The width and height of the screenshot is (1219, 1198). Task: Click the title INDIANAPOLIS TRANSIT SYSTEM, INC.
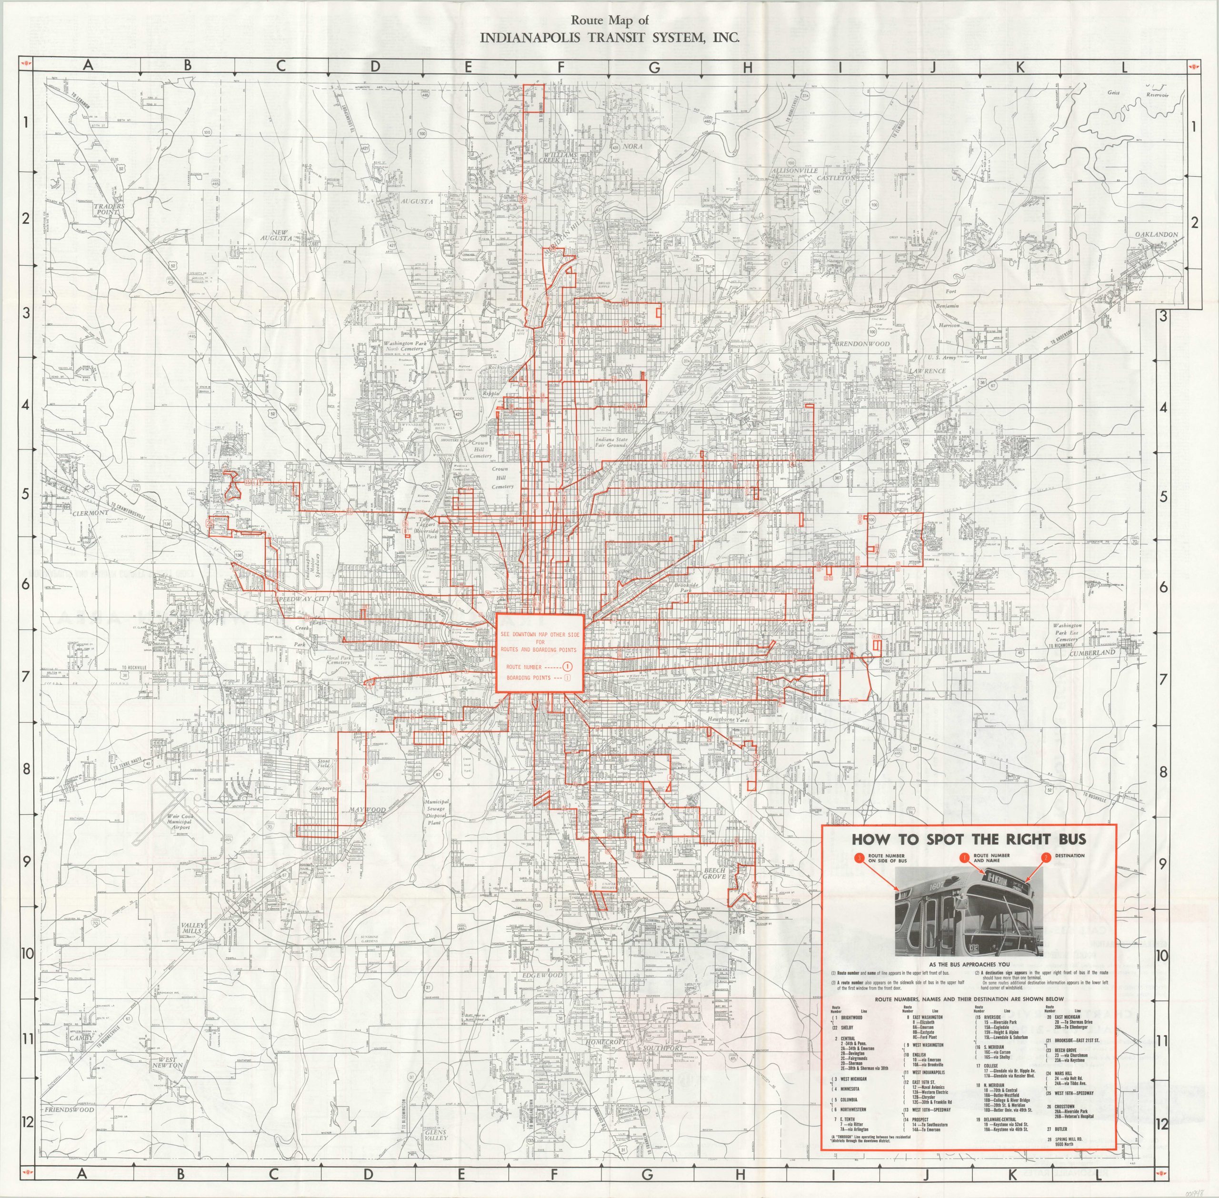coord(609,37)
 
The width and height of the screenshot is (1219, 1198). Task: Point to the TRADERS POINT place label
coord(110,210)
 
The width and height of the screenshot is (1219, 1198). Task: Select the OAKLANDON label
coord(1156,235)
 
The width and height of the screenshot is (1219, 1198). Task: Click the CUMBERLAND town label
coord(1092,652)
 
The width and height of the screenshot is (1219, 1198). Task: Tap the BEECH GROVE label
coord(714,873)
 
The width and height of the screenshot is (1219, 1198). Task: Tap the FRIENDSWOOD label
coord(69,1110)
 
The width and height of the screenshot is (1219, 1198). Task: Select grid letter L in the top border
coord(1123,67)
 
